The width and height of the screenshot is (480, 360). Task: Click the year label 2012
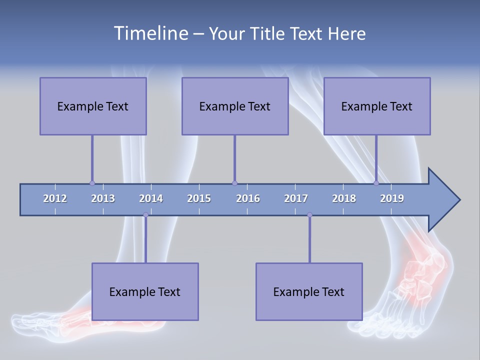coord(55,198)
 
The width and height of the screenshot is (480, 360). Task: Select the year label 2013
coord(103,198)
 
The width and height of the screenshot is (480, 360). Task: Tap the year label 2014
coord(151,198)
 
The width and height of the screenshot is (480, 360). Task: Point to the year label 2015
coord(199,198)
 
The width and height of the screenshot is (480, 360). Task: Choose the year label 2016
coord(248,198)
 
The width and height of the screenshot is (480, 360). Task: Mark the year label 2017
coord(296,198)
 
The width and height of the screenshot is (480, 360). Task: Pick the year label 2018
coord(344,198)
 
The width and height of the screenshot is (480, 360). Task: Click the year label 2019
coord(392,198)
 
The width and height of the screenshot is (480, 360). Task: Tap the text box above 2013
coord(93,106)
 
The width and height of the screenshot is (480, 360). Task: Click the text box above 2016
coord(235,106)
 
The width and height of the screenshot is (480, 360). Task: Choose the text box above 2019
coord(377,106)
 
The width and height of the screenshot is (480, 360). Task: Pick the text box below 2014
coord(145,291)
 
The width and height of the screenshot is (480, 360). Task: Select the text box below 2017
coord(309,291)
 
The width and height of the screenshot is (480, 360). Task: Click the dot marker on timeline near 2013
coord(92,183)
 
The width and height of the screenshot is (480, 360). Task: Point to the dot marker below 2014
coord(145,215)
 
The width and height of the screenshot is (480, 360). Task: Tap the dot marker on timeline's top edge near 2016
coord(234,183)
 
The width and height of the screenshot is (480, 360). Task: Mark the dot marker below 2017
coord(309,215)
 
